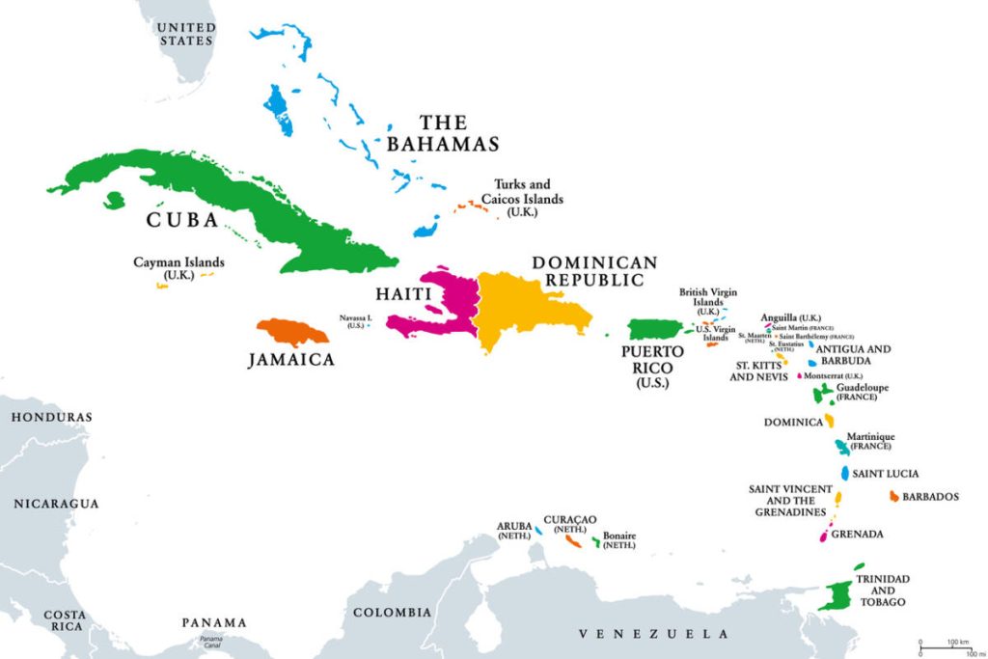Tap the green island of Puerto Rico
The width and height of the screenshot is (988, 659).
coord(656,330)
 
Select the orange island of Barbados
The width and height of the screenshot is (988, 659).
coord(894,496)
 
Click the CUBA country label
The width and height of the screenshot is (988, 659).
coord(182,220)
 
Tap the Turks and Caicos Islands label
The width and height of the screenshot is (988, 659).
coord(528,198)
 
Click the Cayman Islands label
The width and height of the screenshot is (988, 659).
coord(178,267)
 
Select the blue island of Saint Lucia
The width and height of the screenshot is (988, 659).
coord(844,474)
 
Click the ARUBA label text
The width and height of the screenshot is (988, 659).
coord(514,527)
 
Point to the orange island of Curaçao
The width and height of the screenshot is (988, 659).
coord(572,541)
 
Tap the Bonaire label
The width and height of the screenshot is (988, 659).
coord(619,540)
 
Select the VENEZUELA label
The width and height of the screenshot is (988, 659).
coord(653,634)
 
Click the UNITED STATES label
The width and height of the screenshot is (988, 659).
coord(186,35)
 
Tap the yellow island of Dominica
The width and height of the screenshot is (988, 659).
coord(829,421)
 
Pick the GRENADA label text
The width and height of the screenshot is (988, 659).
coord(857,534)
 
